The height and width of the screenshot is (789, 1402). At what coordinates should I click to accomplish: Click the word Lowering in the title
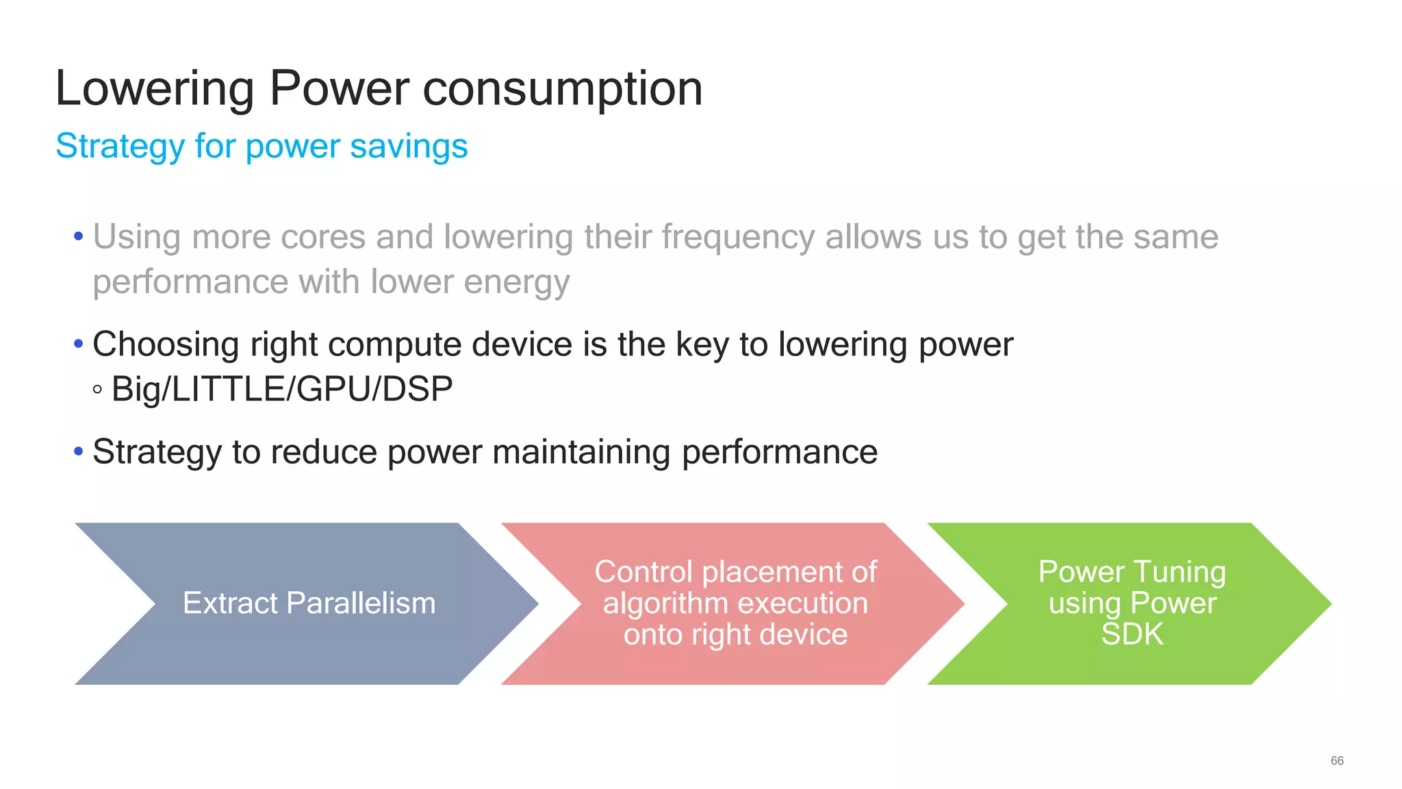point(155,89)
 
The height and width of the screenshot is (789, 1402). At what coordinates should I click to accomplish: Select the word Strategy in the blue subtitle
point(120,147)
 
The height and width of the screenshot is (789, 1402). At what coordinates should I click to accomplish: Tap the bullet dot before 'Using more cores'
point(78,236)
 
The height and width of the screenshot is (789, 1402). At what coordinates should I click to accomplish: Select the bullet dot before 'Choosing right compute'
point(78,343)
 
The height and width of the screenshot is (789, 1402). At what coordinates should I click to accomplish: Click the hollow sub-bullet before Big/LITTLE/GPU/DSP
point(97,390)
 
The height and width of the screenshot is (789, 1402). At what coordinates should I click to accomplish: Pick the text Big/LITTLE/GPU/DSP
point(282,389)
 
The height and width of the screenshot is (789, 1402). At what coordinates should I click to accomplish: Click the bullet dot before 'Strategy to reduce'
point(78,451)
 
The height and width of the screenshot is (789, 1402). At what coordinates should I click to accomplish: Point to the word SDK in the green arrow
point(1132,634)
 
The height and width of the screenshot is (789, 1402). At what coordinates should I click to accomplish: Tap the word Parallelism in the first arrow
point(361,603)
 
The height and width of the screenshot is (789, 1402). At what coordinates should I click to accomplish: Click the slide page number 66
point(1336,761)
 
